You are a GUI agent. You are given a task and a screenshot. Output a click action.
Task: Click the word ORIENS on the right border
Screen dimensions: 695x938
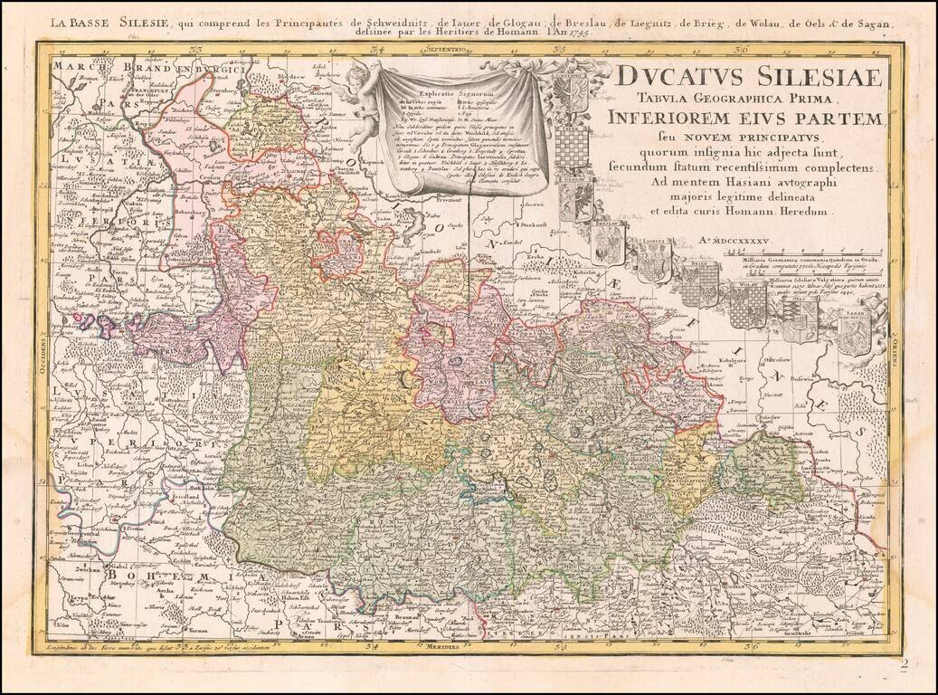pos(893,353)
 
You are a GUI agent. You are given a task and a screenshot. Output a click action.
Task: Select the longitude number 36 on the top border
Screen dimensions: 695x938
pos(742,49)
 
